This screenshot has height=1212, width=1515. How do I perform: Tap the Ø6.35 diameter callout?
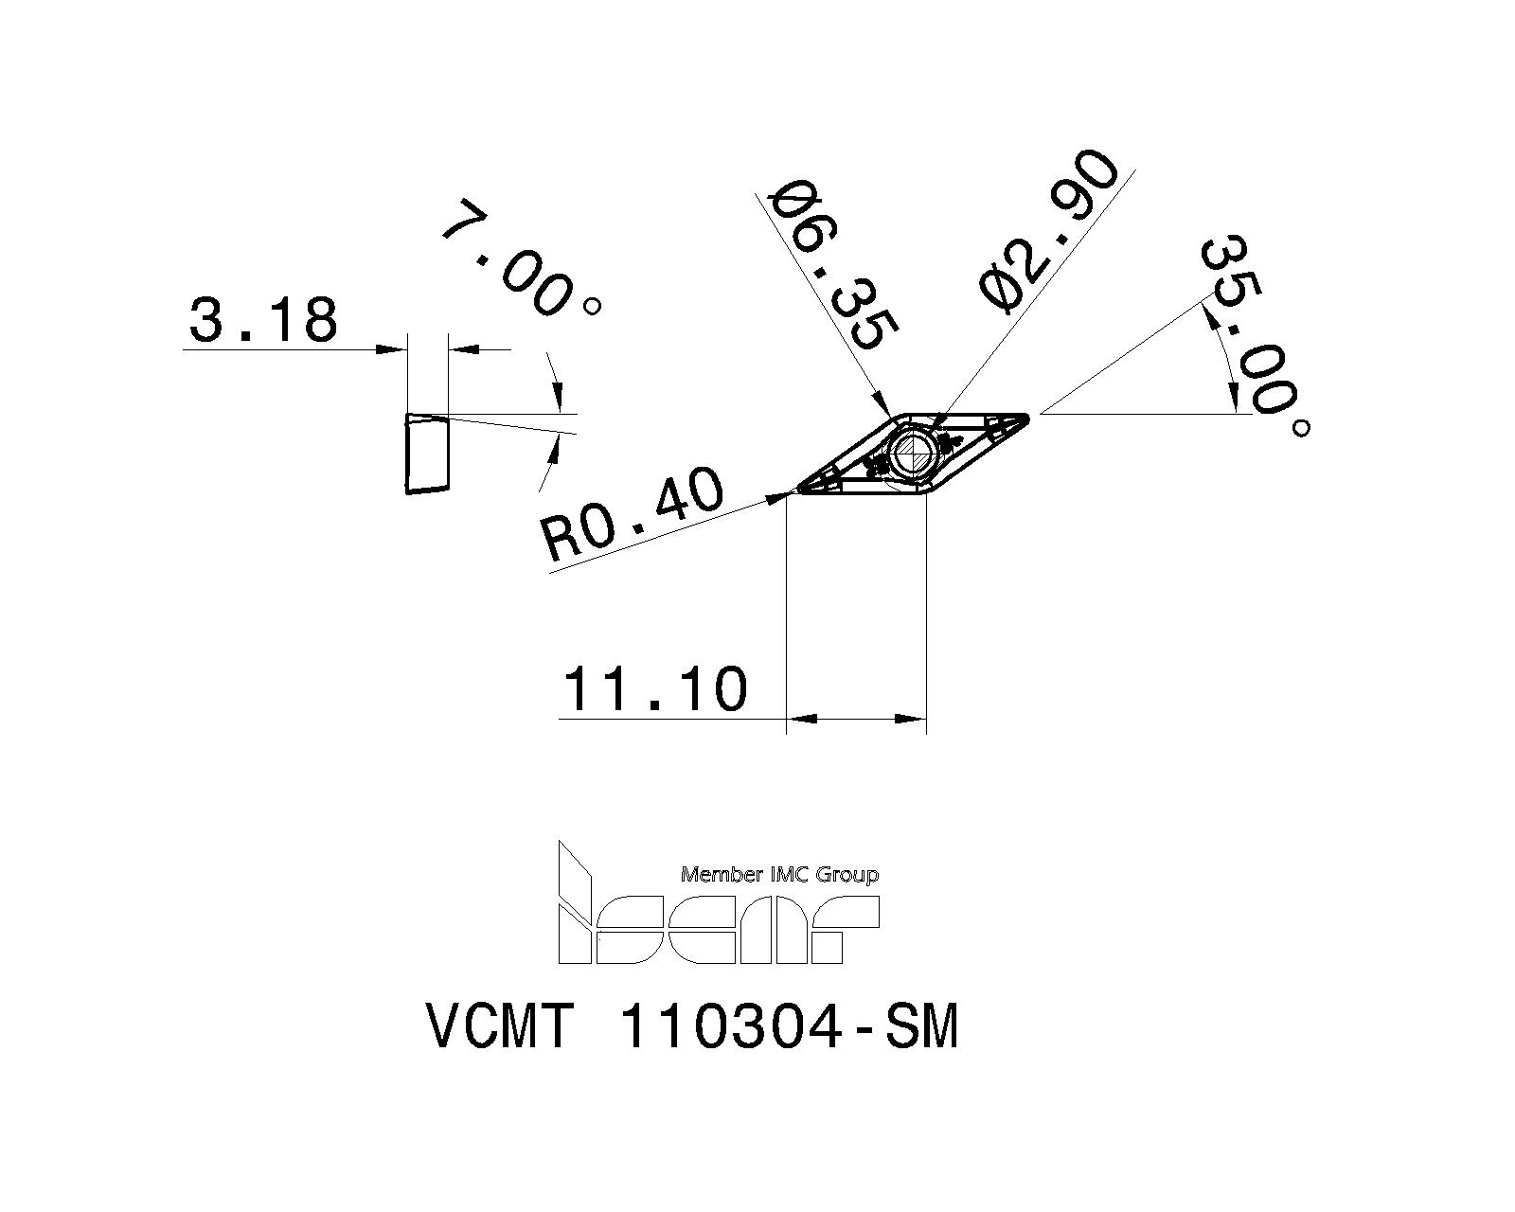tap(831, 268)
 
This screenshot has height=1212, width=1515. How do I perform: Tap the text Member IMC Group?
tap(779, 875)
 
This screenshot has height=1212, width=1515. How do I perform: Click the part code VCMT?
tap(500, 1026)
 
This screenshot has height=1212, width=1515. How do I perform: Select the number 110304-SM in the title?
tap(788, 1026)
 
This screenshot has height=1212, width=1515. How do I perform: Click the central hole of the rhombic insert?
tap(915, 453)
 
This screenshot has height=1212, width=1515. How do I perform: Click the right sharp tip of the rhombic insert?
tap(1026, 415)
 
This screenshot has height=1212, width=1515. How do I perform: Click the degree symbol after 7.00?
tap(593, 306)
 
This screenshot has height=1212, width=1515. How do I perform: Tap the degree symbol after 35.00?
tap(1301, 428)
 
